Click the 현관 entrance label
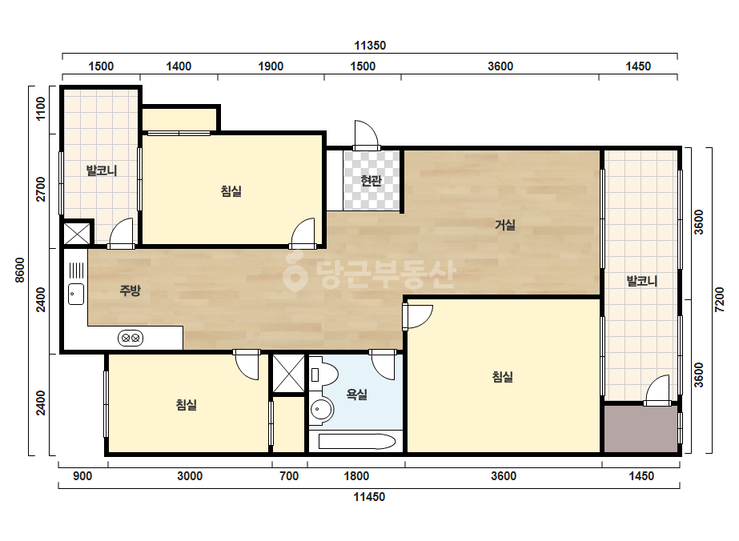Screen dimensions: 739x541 [x=371, y=181]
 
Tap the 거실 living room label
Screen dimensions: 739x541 [x=504, y=225]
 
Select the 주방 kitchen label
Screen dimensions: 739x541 [x=130, y=290]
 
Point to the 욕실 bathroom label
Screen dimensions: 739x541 [x=357, y=394]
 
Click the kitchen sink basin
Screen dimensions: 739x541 [x=76, y=294]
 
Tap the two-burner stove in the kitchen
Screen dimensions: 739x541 [x=131, y=338]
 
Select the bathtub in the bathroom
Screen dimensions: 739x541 [x=357, y=442]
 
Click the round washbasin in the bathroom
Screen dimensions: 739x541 [x=321, y=409]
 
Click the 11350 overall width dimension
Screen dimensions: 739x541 [x=370, y=46]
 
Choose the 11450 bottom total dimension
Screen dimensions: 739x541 [x=370, y=497]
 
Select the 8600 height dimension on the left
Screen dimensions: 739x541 [x=20, y=270]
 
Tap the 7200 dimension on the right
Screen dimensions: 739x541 [x=720, y=300]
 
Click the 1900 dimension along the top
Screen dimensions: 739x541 [x=271, y=66]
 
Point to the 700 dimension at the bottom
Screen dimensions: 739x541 [x=289, y=476]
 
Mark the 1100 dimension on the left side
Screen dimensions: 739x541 [x=41, y=108]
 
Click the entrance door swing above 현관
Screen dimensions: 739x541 [x=367, y=135]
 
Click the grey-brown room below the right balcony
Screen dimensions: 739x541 [x=641, y=428]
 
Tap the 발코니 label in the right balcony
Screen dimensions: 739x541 [x=642, y=282]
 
